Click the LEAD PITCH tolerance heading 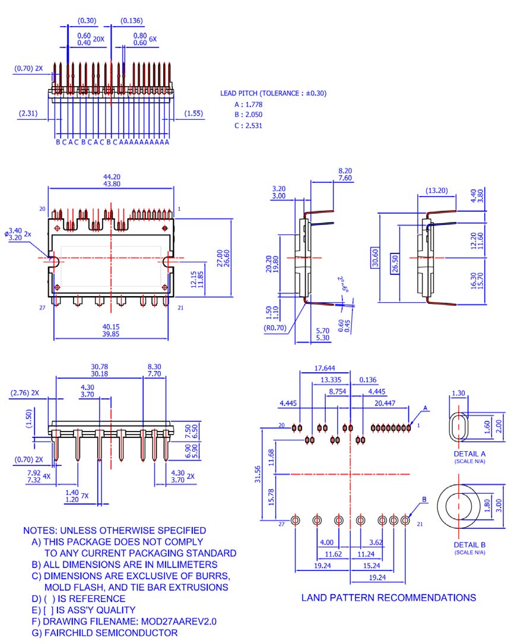point(273,93)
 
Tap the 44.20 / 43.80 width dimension point(112,180)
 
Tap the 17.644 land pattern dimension point(324,368)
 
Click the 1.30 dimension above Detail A point(458,393)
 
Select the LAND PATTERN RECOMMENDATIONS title point(388,598)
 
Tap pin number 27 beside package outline point(42,307)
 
